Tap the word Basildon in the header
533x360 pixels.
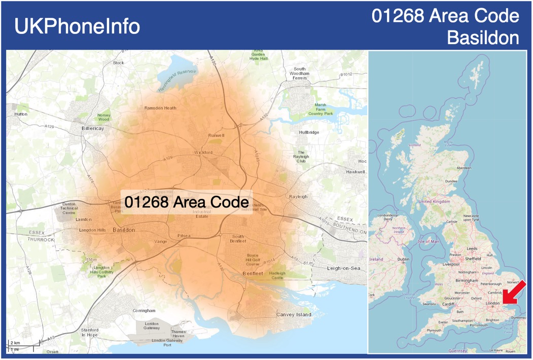[483, 38]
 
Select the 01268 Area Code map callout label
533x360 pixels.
[186, 202]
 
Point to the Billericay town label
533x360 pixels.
[93, 129]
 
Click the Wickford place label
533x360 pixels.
[203, 153]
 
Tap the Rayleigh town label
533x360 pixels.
[298, 197]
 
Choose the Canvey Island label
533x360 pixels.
[294, 315]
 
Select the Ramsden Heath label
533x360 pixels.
[160, 108]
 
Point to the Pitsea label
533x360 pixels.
[184, 236]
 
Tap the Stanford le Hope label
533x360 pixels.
[89, 333]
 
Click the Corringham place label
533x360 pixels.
[144, 310]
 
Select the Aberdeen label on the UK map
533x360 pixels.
[464, 168]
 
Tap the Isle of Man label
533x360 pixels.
[429, 241]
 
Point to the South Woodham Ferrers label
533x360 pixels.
[300, 74]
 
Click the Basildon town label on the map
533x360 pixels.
[124, 230]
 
